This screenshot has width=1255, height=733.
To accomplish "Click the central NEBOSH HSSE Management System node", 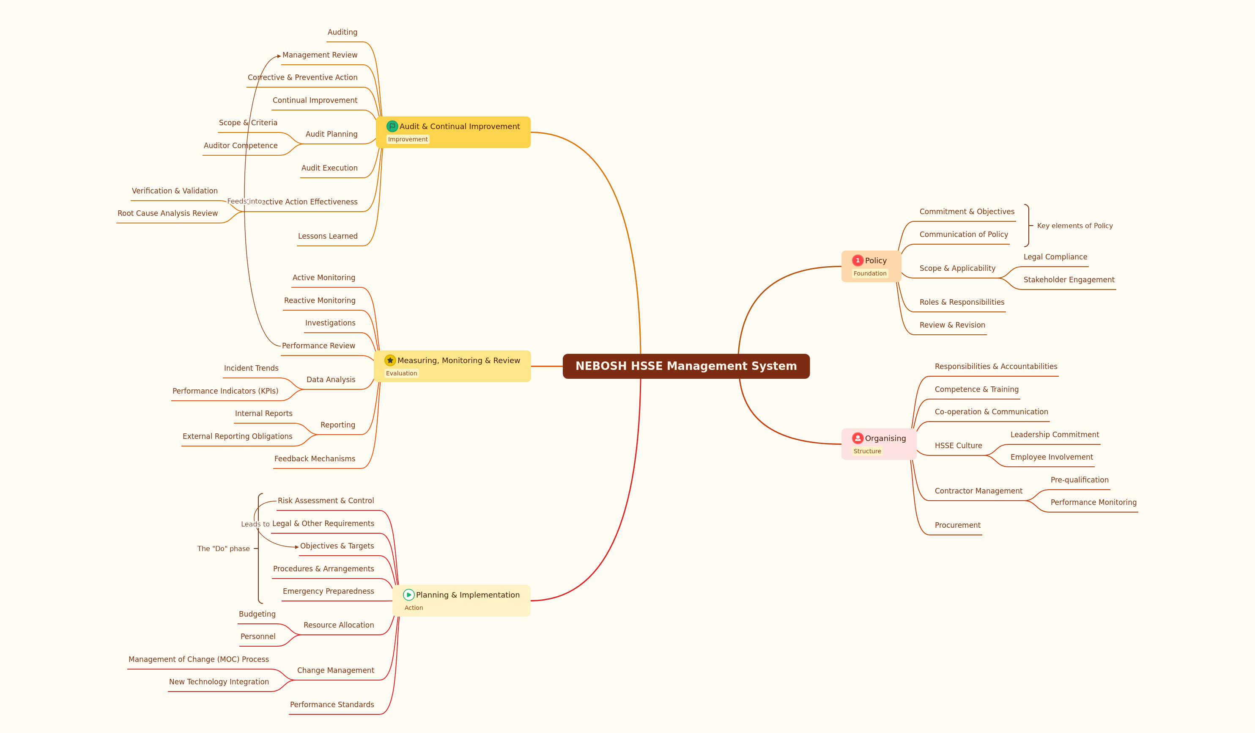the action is (686, 366).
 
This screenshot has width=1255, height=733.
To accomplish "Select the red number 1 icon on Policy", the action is (858, 260).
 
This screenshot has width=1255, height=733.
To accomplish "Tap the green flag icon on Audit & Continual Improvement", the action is (392, 126).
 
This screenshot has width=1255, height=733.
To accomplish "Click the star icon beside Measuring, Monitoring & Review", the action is (390, 360).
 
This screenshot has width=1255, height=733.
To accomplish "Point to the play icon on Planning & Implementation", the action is (408, 595).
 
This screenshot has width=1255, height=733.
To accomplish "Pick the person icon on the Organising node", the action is (858, 438).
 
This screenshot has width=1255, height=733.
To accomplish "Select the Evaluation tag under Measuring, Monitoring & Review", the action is (401, 373).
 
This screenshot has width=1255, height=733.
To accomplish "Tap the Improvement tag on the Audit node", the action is (408, 139).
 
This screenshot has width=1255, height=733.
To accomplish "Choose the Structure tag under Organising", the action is (867, 451).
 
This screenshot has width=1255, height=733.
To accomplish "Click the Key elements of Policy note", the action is (1075, 226).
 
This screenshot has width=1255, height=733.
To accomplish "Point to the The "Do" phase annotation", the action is (224, 548).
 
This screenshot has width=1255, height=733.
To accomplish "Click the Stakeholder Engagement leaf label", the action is (1069, 280).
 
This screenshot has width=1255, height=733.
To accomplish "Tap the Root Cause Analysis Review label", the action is (167, 213).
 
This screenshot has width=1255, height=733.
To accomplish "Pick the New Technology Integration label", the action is (219, 682).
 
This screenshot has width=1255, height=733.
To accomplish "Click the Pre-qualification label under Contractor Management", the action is (1079, 480).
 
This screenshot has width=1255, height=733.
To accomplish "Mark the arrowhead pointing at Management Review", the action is (279, 56).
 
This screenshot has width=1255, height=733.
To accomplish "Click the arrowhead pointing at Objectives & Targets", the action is (297, 547).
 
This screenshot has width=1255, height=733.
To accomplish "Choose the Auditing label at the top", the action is (342, 32).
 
